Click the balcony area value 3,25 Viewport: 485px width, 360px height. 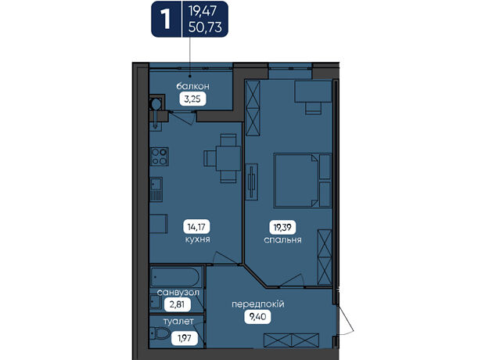pyautogui.click(x=192, y=99)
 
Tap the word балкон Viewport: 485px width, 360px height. pyautogui.click(x=192, y=86)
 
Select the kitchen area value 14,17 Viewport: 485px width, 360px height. pyautogui.click(x=196, y=227)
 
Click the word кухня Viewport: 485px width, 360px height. pyautogui.click(x=198, y=239)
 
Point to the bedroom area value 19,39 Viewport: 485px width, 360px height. pyautogui.click(x=282, y=228)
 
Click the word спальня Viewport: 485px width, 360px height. pyautogui.click(x=282, y=240)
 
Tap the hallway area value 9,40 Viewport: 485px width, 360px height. pyautogui.click(x=257, y=317)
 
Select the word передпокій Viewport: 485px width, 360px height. pyautogui.click(x=258, y=304)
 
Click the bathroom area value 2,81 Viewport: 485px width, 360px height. pyautogui.click(x=177, y=304)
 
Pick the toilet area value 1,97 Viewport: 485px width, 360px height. pyautogui.click(x=185, y=338)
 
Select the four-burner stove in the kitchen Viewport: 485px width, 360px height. pyautogui.click(x=160, y=157)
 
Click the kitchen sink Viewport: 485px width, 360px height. pyautogui.click(x=156, y=189)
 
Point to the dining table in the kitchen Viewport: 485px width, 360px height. pyautogui.click(x=228, y=158)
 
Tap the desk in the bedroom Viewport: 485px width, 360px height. pyautogui.click(x=313, y=92)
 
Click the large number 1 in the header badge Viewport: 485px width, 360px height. pyautogui.click(x=166, y=20)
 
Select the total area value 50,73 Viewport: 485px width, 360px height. pyautogui.click(x=205, y=27)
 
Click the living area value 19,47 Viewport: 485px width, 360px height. pyautogui.click(x=203, y=11)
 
